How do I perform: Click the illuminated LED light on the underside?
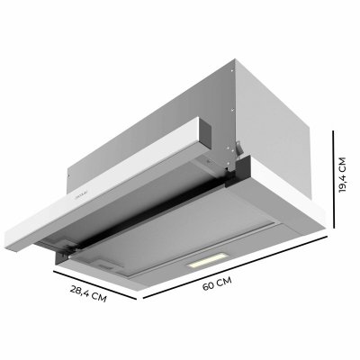(x=203, y=265)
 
